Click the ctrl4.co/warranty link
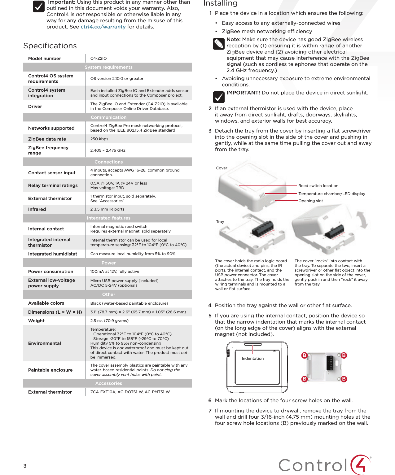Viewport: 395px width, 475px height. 103,27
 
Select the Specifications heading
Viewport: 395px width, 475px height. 50,46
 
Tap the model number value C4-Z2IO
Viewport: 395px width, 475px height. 99,59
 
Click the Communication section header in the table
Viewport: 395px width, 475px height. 108,117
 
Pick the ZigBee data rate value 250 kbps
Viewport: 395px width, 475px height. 99,139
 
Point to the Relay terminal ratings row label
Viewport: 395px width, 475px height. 53,185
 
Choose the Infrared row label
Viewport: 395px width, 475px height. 37,209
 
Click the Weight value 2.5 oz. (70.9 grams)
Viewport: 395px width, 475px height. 109,321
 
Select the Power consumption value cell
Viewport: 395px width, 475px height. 115,272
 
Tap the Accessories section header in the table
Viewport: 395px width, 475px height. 108,383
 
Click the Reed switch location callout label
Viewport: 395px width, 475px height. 318,186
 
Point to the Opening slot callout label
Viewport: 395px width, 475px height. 310,201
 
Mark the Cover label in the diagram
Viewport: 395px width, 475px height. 222,168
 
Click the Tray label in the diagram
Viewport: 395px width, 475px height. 220,222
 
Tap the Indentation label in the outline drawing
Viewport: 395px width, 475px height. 252,359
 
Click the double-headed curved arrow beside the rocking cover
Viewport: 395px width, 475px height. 362,220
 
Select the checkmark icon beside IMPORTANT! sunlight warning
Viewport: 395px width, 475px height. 219,97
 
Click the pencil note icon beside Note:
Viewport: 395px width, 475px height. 219,44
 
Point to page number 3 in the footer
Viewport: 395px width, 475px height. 25,466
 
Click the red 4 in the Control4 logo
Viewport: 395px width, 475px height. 361,464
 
